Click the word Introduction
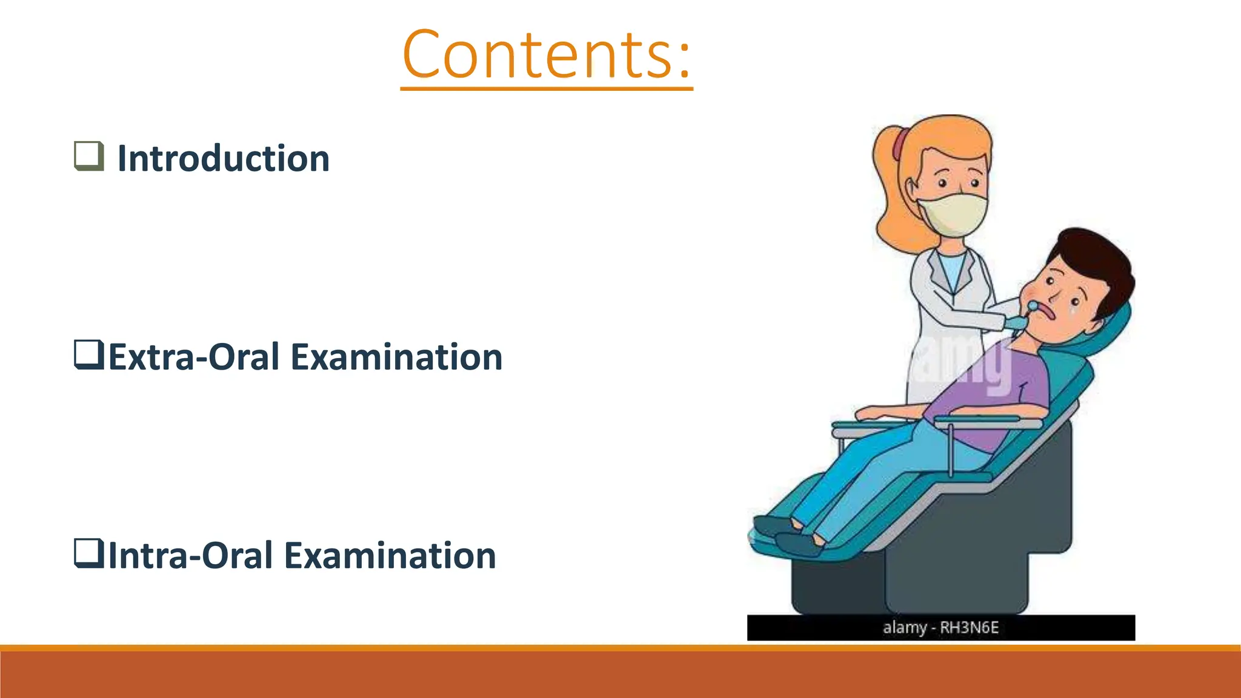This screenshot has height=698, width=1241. pyautogui.click(x=223, y=159)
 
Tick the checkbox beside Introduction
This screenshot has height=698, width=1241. pyautogui.click(x=88, y=156)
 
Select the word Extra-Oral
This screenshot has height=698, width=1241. pyautogui.click(x=194, y=357)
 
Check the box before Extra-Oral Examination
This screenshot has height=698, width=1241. pyautogui.click(x=88, y=354)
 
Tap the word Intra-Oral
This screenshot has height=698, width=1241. pyautogui.click(x=190, y=556)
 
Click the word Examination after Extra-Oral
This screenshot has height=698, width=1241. pyautogui.click(x=396, y=357)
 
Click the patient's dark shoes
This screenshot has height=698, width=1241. pyautogui.click(x=788, y=536)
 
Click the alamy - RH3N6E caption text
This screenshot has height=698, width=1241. pyautogui.click(x=940, y=628)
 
